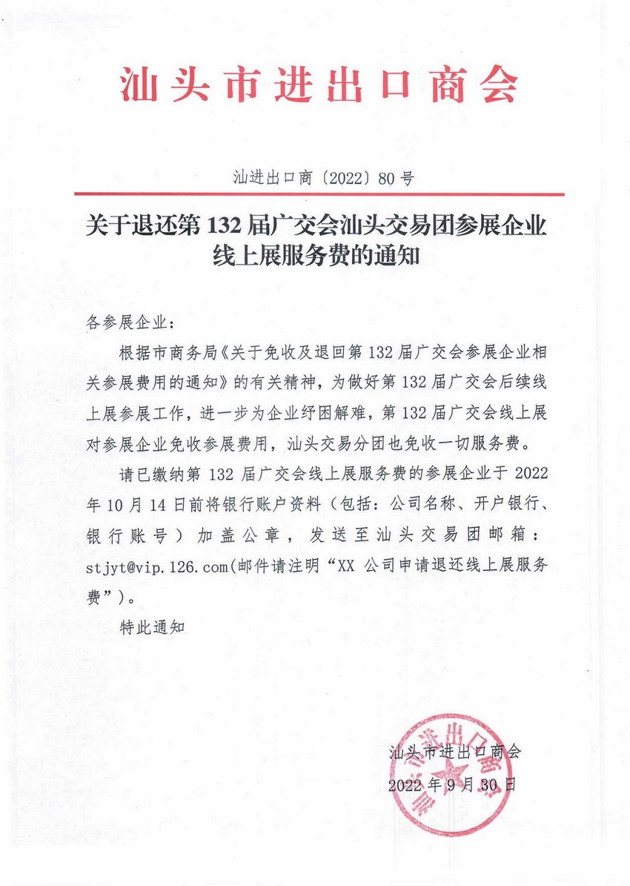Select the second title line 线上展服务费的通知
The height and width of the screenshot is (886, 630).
click(x=317, y=256)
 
